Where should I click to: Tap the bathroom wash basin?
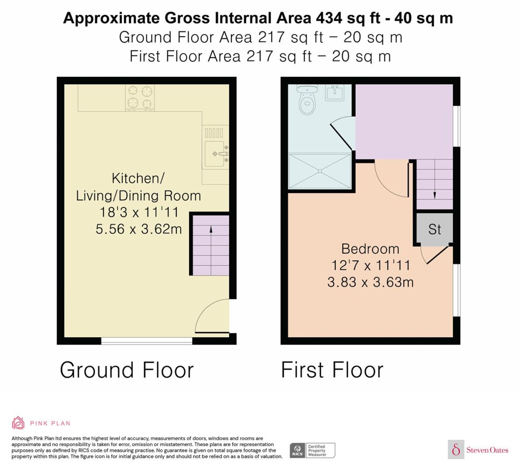[335, 92]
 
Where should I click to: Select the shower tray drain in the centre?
[320, 171]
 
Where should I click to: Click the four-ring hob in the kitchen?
[140, 98]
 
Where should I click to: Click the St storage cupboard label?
[435, 229]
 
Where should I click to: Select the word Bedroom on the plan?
[370, 249]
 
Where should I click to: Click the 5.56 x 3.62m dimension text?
[139, 229]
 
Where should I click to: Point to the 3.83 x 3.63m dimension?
[370, 282]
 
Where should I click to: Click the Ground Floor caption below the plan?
[127, 370]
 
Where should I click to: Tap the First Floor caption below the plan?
[332, 370]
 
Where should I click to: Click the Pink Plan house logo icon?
[18, 423]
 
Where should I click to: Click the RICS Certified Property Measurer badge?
[312, 450]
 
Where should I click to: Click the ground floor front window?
[147, 341]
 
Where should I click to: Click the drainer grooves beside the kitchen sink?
[214, 133]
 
